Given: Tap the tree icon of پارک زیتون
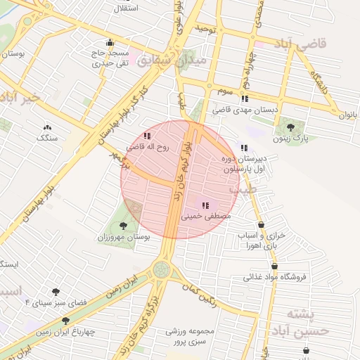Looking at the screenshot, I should (290, 127).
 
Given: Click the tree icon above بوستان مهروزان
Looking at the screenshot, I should (124, 226).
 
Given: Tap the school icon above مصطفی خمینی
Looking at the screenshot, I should (205, 206).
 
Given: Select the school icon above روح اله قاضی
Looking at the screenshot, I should (146, 136).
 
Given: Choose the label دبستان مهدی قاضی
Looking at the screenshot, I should (245, 110).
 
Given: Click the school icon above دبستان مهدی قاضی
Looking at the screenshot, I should (244, 99).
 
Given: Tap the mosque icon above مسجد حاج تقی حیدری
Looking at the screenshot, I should (109, 43).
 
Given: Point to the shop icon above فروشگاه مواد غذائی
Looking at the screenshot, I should (274, 266).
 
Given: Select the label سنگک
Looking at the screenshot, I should (47, 139).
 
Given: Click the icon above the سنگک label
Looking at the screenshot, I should (47, 127).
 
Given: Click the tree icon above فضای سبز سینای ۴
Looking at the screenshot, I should (56, 291).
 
